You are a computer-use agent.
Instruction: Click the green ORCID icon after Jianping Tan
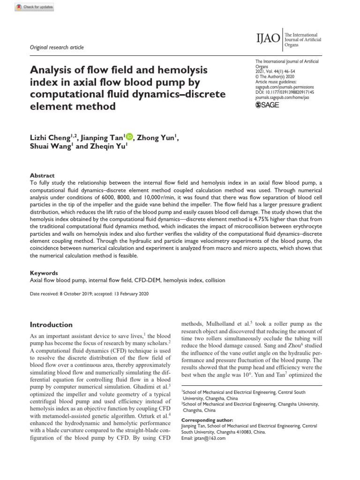pyautogui.click(x=129, y=137)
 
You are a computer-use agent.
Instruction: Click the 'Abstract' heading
pyautogui.click(x=42, y=175)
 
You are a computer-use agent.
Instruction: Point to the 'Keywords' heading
pyautogui.click(x=44, y=273)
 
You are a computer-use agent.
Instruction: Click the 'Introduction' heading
pyautogui.click(x=51, y=324)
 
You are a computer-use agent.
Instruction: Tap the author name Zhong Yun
pyautogui.click(x=158, y=137)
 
